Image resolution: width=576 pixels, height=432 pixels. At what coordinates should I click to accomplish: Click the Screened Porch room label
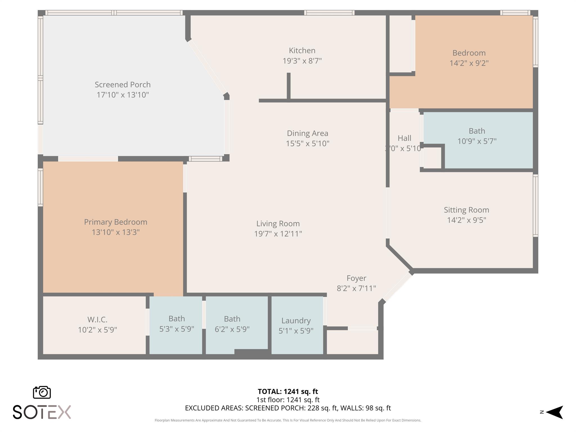click(122, 84)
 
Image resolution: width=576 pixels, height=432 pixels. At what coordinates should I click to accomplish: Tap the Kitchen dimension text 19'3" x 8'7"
click(302, 61)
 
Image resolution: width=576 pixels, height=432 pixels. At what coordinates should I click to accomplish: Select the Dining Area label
click(307, 133)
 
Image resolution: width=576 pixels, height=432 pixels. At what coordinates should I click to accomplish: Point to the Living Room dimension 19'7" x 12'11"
click(278, 234)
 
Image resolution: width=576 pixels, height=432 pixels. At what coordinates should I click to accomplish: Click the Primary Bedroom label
click(116, 222)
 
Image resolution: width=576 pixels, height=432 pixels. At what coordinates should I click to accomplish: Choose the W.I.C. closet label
click(97, 319)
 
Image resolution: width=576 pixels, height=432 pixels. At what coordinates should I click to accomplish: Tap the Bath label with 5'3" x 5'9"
click(177, 319)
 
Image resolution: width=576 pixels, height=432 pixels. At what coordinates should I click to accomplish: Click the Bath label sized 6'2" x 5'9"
click(232, 319)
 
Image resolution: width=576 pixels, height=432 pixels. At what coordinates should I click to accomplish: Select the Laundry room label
click(296, 321)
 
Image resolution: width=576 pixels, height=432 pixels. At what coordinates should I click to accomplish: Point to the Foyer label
click(356, 278)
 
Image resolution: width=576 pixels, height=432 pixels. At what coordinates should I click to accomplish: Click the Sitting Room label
click(466, 210)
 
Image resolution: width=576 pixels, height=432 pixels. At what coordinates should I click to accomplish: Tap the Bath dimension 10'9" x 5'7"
click(477, 141)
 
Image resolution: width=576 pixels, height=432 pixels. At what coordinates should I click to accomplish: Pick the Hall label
click(404, 138)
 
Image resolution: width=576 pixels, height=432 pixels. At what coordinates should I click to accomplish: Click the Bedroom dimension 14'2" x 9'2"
click(469, 63)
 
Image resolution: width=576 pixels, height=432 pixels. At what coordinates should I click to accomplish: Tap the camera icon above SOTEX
click(42, 392)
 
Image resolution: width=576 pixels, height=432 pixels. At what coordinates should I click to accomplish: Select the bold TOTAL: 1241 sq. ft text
click(288, 391)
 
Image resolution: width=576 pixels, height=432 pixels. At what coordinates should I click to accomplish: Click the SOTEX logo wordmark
click(42, 412)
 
